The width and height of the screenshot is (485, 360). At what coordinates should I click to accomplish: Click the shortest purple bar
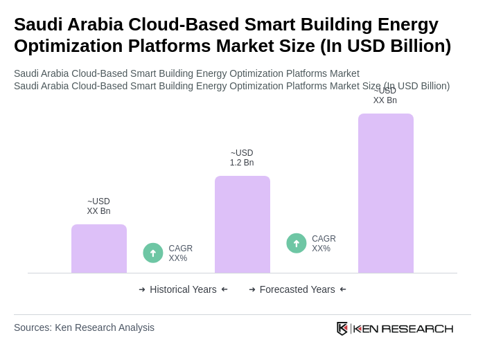click(x=99, y=249)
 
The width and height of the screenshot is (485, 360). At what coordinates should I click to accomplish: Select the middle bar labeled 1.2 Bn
click(x=242, y=224)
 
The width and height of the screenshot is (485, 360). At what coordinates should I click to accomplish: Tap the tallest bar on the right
click(x=386, y=193)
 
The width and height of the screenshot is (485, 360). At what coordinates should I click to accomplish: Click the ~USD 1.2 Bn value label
click(x=242, y=158)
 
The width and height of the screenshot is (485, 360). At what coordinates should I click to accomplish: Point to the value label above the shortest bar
click(x=98, y=206)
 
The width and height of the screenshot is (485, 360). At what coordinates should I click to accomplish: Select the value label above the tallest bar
click(x=385, y=96)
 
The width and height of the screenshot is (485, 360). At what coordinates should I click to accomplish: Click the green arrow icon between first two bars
click(x=153, y=253)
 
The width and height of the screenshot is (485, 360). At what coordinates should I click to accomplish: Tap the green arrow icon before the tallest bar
click(x=297, y=243)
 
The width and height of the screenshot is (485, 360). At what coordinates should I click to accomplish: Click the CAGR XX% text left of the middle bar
click(x=181, y=253)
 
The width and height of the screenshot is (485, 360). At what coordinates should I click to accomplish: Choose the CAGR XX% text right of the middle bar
click(x=324, y=244)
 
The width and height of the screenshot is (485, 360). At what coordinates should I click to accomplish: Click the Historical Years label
click(x=183, y=289)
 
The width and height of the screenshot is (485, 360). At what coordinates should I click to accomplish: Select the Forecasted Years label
click(x=297, y=289)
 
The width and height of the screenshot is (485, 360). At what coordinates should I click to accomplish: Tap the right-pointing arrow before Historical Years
click(x=142, y=289)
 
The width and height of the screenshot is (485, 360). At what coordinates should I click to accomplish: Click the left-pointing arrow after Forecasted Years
click(x=343, y=289)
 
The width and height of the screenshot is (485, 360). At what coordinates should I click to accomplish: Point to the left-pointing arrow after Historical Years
click(x=224, y=289)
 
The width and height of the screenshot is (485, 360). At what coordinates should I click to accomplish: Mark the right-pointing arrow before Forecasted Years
click(x=252, y=289)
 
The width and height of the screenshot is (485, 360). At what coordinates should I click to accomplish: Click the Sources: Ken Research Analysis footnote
click(x=84, y=327)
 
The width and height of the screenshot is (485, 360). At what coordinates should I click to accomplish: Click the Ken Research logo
click(x=395, y=328)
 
